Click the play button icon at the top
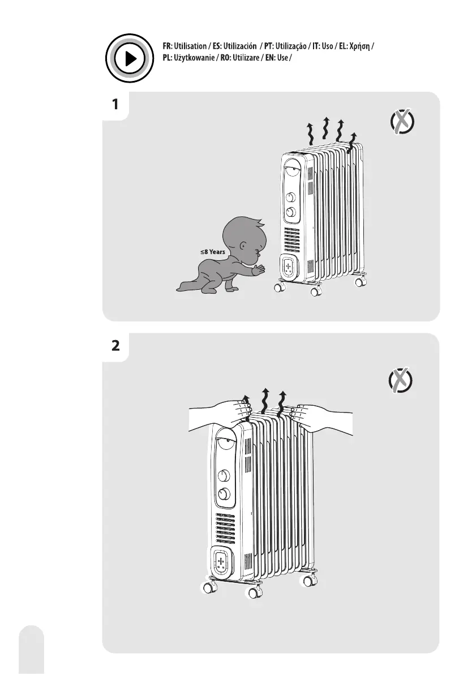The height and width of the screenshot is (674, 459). (130, 58)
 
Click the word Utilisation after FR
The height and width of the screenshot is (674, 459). (188, 45)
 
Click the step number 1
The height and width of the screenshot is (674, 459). (115, 105)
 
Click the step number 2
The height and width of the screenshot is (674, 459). (115, 346)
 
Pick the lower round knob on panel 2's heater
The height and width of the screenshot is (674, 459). (226, 493)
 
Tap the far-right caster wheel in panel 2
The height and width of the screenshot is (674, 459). (311, 581)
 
